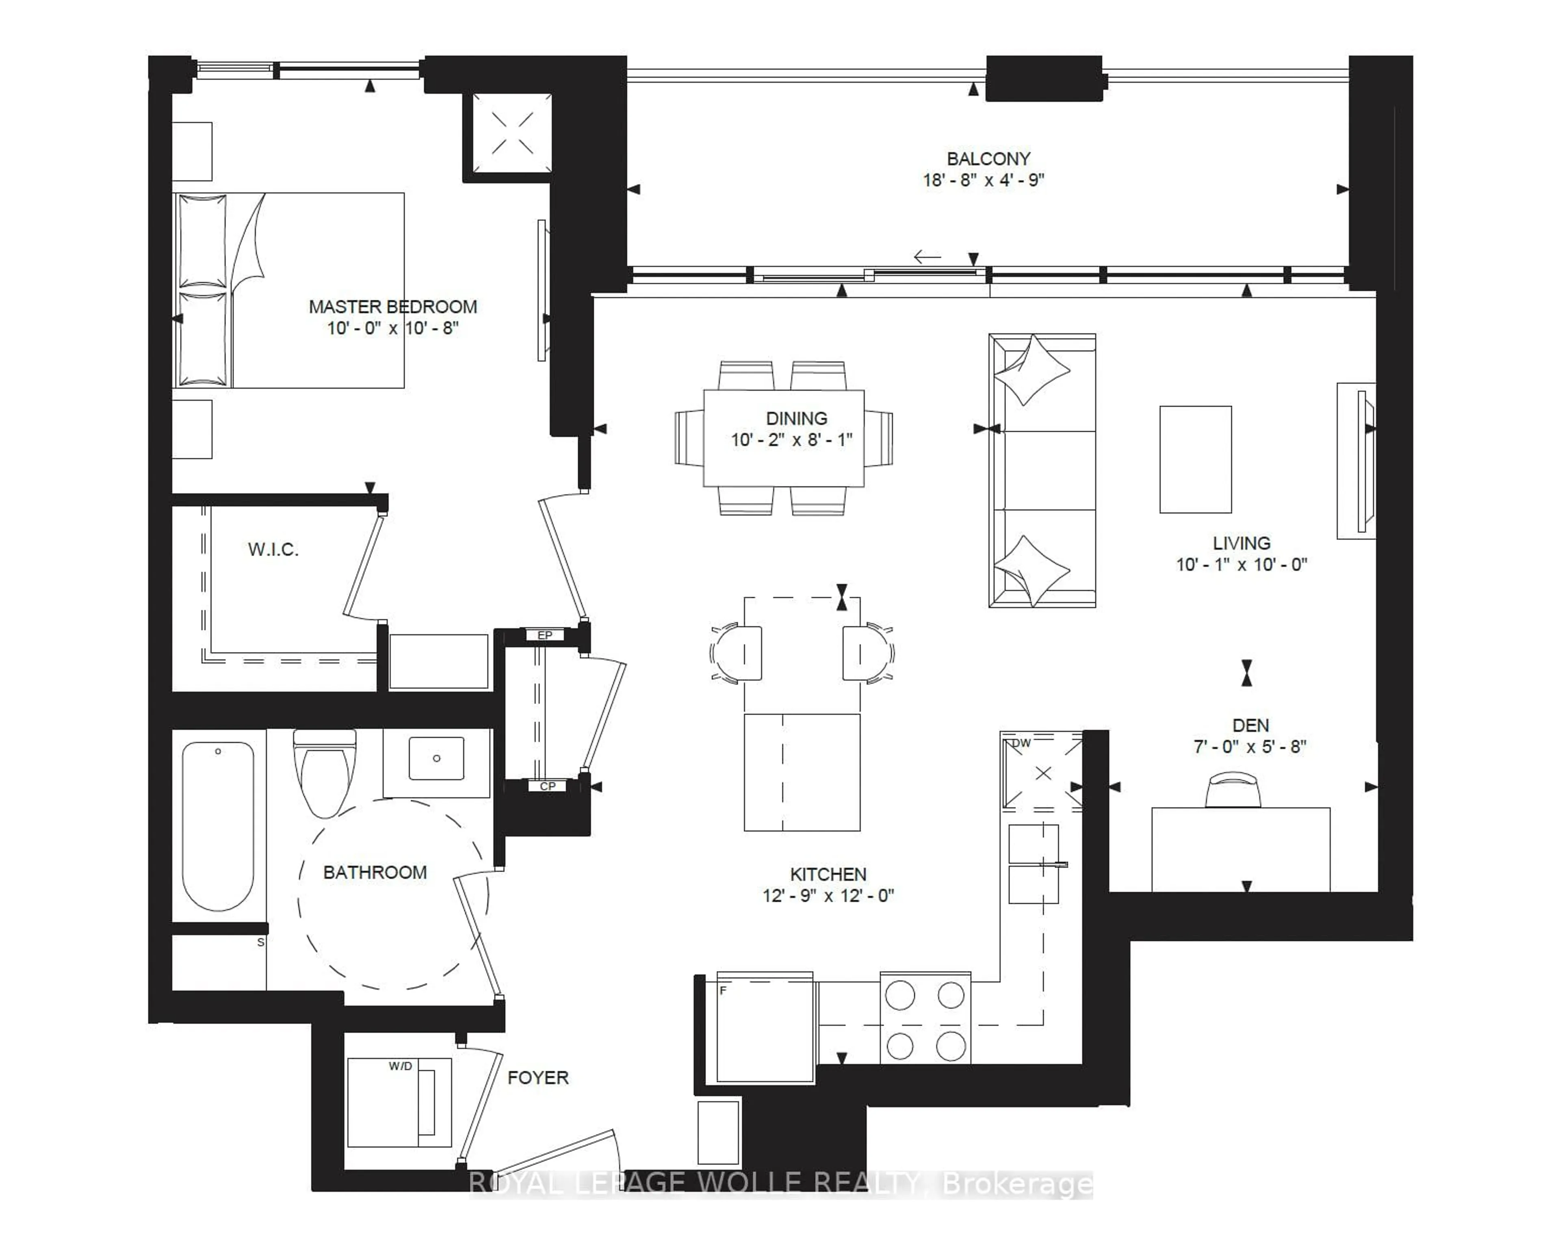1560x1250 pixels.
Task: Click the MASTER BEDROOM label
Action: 393,307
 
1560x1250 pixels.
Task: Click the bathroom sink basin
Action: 436,758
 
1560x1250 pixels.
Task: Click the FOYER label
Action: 537,1078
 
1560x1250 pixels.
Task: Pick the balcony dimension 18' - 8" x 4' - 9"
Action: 983,180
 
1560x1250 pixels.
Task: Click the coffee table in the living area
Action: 1195,459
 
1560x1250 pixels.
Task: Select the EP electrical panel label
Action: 545,635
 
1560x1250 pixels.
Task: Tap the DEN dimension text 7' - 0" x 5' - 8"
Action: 1250,747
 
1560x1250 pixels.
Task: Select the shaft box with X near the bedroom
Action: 512,133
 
